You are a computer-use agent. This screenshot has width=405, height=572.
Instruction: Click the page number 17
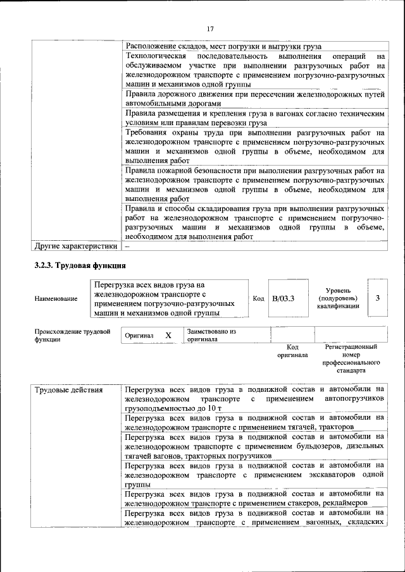[211, 28]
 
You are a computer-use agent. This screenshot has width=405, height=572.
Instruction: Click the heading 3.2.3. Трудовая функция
[80, 265]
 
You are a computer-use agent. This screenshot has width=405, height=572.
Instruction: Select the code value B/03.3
[283, 298]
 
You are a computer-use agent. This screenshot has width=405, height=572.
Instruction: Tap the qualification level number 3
[377, 298]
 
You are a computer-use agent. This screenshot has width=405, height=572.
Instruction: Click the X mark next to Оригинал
[168, 335]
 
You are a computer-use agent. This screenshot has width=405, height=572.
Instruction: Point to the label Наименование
[56, 298]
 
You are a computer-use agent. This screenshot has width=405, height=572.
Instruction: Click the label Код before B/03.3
[258, 298]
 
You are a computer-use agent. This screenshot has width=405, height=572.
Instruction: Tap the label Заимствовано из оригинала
[211, 335]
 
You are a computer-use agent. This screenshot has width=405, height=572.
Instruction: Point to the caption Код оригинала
[292, 351]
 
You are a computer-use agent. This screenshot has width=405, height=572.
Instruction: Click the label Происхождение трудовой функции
[73, 335]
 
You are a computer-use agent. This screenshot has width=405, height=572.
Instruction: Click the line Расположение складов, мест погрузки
[223, 46]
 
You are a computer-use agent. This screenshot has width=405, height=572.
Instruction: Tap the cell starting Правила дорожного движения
[254, 99]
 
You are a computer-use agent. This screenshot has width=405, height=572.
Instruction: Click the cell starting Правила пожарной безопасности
[254, 184]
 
